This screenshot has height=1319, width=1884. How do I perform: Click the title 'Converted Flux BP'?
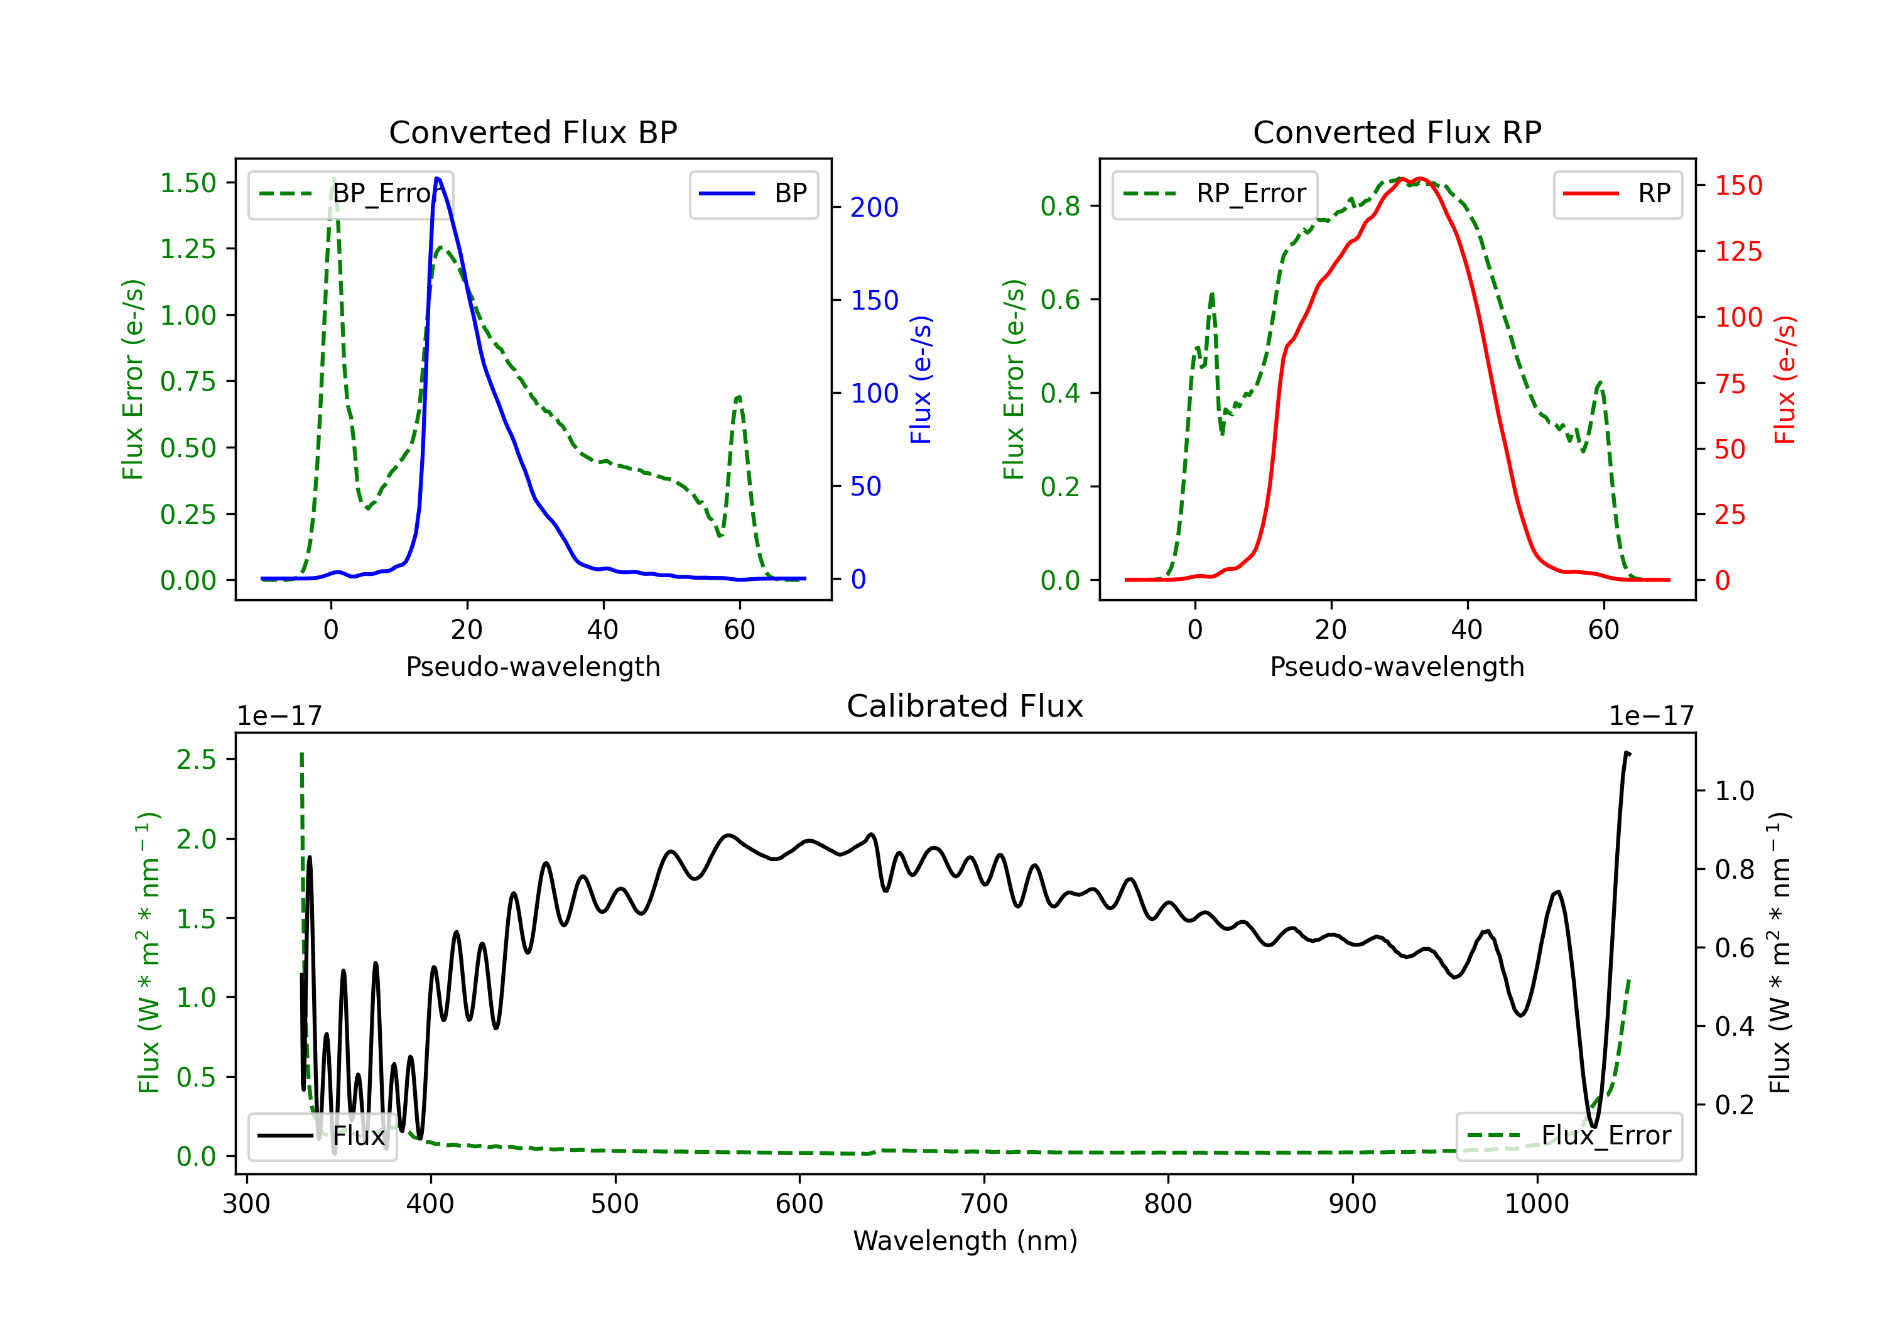pos(533,132)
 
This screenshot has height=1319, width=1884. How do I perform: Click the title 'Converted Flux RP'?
pos(1397,132)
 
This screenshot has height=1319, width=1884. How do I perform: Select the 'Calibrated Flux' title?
pos(965,706)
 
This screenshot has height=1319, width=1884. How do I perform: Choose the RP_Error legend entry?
pos(1215,193)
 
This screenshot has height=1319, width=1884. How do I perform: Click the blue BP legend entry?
pos(753,193)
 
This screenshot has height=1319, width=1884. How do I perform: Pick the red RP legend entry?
pos(1617,193)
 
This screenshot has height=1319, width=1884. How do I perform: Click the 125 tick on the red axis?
pos(1738,251)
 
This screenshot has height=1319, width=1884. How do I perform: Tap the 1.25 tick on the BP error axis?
pos(188,249)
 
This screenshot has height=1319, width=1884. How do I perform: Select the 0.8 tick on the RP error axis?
pos(1060,206)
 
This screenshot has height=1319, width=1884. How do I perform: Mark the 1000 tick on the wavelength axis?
pos(1536,1204)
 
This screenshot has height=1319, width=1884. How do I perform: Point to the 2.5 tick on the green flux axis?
pos(196,760)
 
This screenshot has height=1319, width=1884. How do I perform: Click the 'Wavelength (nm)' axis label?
pos(965,1240)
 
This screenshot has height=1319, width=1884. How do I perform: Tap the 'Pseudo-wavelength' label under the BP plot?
pos(533,666)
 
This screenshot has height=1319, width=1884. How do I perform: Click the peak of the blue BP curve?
pos(436,178)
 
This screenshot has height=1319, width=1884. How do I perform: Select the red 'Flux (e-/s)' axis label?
pos(1785,380)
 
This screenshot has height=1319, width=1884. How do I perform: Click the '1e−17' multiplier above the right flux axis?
pos(1651,717)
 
